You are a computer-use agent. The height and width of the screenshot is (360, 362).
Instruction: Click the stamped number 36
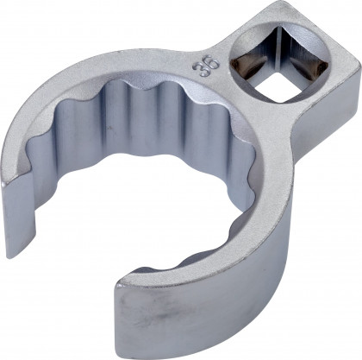click(205, 66)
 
